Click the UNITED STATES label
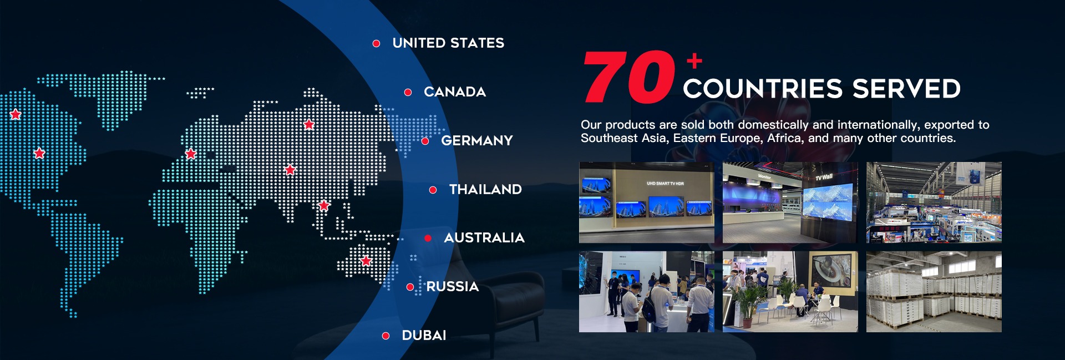(x=448, y=43)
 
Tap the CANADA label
(x=455, y=92)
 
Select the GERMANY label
(x=477, y=141)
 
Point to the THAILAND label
(x=485, y=190)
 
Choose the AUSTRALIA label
(x=484, y=238)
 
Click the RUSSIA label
(x=453, y=287)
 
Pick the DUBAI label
(x=424, y=336)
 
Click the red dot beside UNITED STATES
(x=376, y=43)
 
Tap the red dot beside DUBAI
(x=386, y=336)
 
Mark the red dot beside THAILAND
(x=433, y=190)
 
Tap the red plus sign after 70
(x=694, y=60)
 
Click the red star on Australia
(x=366, y=260)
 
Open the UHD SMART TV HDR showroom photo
(x=647, y=202)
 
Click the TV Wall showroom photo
(x=790, y=202)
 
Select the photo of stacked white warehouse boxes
(x=934, y=292)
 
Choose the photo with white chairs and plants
(x=790, y=292)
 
